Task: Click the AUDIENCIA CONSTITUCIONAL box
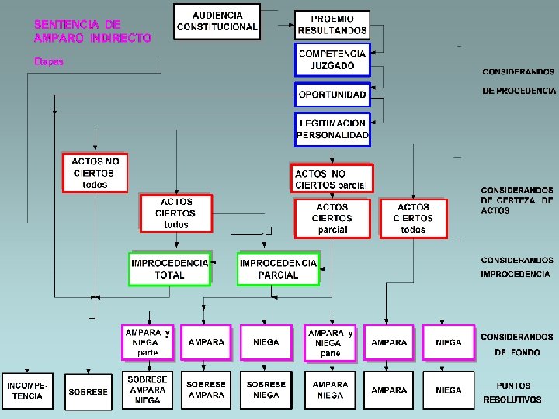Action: [217, 22]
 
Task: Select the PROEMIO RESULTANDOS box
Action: [332, 25]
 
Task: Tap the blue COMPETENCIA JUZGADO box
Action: [332, 60]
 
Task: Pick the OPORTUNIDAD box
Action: [332, 95]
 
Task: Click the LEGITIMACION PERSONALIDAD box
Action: [332, 130]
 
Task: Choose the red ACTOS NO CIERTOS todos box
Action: [95, 173]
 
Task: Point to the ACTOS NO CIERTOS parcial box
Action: [332, 178]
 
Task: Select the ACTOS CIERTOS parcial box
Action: [332, 218]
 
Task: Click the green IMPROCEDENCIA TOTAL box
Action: [170, 269]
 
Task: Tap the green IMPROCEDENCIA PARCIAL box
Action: [278, 269]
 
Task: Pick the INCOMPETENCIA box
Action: [27, 391]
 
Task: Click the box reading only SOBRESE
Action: [89, 392]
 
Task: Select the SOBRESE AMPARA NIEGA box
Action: [148, 390]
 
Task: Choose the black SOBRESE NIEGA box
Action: [266, 390]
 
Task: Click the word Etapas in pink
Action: [49, 61]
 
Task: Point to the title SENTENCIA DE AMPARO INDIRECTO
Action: [92, 31]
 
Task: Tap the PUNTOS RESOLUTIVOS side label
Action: [512, 393]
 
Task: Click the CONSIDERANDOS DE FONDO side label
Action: [517, 345]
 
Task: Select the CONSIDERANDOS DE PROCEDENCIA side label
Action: [519, 81]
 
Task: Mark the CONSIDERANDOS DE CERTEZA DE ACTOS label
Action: [517, 200]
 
